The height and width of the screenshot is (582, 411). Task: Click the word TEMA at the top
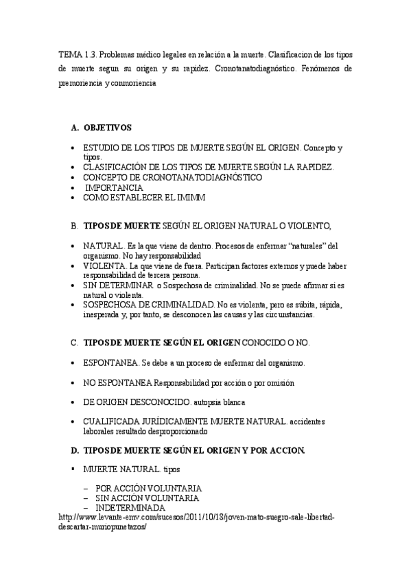pyautogui.click(x=69, y=54)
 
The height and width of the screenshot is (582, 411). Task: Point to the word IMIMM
pyautogui.click(x=191, y=198)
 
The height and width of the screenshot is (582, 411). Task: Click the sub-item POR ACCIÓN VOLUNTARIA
pyautogui.click(x=148, y=488)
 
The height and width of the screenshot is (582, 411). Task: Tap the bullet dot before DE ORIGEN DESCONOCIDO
pyautogui.click(x=74, y=401)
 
